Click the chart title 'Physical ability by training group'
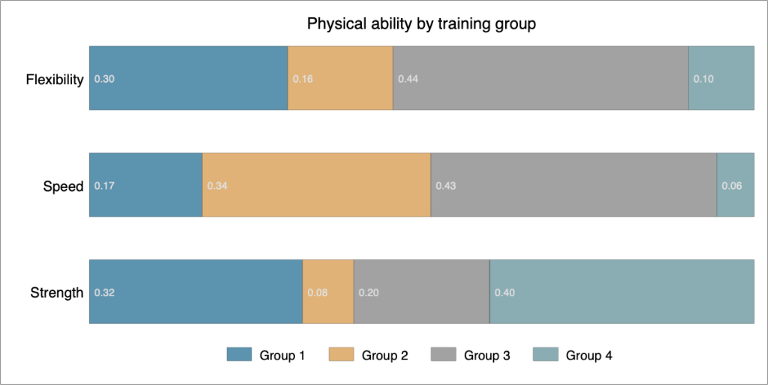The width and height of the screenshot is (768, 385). click(421, 24)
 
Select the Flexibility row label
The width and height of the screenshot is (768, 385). click(54, 80)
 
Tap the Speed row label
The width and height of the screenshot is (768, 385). click(63, 186)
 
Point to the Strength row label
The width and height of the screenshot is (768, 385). click(56, 293)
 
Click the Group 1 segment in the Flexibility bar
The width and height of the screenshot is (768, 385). click(188, 77)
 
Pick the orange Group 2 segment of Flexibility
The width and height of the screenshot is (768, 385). click(340, 77)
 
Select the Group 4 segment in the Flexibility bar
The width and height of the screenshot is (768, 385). click(721, 77)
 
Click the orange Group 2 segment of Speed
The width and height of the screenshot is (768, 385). click(316, 184)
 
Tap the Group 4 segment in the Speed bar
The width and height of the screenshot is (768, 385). click(736, 184)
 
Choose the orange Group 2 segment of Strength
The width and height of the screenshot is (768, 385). click(328, 292)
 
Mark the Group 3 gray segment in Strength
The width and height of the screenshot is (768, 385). click(421, 292)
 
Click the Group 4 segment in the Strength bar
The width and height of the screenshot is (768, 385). click(622, 292)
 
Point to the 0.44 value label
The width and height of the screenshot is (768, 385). click(408, 79)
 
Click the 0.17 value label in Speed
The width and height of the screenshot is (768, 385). click(104, 186)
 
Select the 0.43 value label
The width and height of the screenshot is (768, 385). click(445, 186)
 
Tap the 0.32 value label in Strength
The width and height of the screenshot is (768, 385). click(104, 293)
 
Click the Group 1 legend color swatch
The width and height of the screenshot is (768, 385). click(239, 355)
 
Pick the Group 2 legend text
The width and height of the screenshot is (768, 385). click(384, 356)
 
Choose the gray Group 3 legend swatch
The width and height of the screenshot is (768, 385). click(443, 355)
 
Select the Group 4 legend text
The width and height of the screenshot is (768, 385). click(589, 356)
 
